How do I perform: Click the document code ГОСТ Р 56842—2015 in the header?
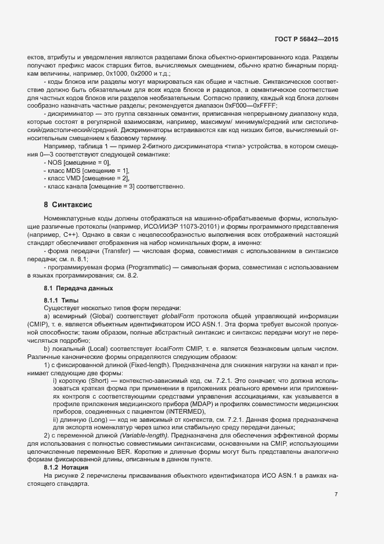(307, 39)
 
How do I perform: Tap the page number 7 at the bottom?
(336, 495)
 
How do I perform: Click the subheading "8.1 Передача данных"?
(76, 289)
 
